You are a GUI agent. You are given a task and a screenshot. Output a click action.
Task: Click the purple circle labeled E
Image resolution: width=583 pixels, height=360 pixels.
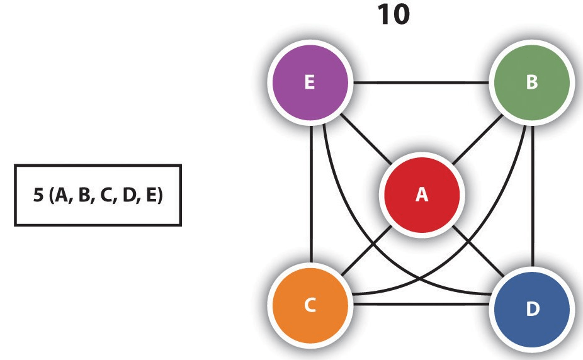tap(308, 83)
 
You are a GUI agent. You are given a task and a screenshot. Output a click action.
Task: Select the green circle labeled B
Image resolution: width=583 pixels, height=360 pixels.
tap(532, 83)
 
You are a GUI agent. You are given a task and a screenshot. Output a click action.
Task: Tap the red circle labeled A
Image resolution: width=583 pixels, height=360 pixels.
tap(421, 195)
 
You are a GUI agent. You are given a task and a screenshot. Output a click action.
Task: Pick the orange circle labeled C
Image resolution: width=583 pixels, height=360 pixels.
tap(308, 306)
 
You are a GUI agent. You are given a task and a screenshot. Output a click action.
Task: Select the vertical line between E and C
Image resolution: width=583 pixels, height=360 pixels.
tap(311, 195)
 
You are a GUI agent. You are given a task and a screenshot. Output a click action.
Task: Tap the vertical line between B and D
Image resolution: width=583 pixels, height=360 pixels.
tap(534, 195)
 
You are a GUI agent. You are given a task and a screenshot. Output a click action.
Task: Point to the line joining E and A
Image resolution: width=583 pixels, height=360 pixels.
tap(362, 136)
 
